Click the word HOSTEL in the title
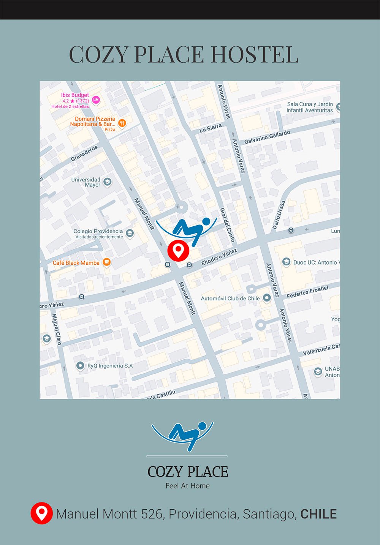pyautogui.click(x=254, y=54)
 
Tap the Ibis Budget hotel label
pyautogui.click(x=75, y=95)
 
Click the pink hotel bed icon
pyautogui.click(x=96, y=100)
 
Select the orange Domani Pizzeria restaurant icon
pyautogui.click(x=122, y=123)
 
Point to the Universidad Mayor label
pyautogui.click(x=86, y=182)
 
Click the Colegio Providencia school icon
pyautogui.click(x=130, y=233)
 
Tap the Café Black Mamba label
pyautogui.click(x=76, y=263)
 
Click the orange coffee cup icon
pyautogui.click(x=107, y=262)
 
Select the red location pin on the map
pyautogui.click(x=178, y=250)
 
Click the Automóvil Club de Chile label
pyautogui.click(x=230, y=299)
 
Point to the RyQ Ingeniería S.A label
pyautogui.click(x=110, y=366)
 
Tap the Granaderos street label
pyautogui.click(x=84, y=153)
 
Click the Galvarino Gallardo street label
pyautogui.click(x=267, y=137)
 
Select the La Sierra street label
pyautogui.click(x=211, y=128)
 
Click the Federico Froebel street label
pyautogui.click(x=307, y=292)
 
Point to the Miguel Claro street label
pyautogui.click(x=57, y=329)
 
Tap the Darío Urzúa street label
pyautogui.click(x=279, y=215)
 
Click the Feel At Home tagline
pyautogui.click(x=187, y=486)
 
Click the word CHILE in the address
pyautogui.click(x=318, y=514)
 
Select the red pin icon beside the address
pyautogui.click(x=41, y=513)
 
